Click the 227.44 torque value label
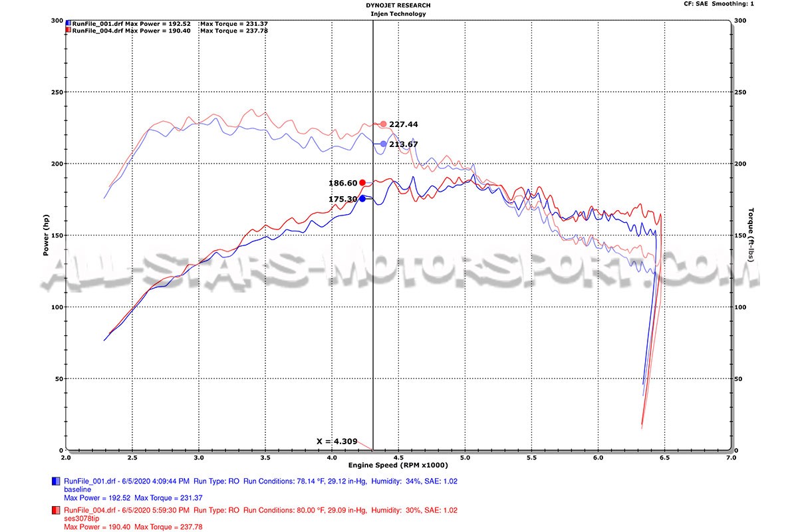404,124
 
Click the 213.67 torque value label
404,144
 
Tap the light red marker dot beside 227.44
383,124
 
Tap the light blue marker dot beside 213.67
383,144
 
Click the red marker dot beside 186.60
362,183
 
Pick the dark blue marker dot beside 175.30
362,198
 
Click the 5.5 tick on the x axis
531,458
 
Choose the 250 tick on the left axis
56,92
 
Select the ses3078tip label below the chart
82,518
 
